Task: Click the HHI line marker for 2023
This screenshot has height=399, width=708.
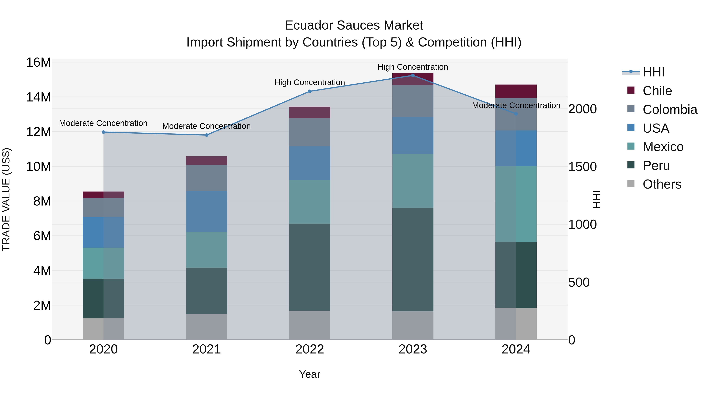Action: pyautogui.click(x=413, y=75)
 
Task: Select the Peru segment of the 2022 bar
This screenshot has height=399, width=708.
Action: pyautogui.click(x=310, y=267)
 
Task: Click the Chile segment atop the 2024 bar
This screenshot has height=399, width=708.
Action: pyautogui.click(x=516, y=91)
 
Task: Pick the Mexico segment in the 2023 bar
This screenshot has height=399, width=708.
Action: pyautogui.click(x=413, y=181)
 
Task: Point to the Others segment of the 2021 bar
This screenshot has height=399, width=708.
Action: pyautogui.click(x=206, y=327)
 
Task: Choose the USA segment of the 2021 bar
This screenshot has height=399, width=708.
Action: pyautogui.click(x=206, y=211)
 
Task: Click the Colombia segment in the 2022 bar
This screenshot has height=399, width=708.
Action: pyautogui.click(x=310, y=132)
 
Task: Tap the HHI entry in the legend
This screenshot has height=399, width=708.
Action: pyautogui.click(x=653, y=72)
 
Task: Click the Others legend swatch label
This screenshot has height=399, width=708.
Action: pyautogui.click(x=662, y=184)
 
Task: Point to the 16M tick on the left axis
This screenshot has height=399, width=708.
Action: pyautogui.click(x=39, y=62)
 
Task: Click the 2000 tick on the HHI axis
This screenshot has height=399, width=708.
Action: pyautogui.click(x=582, y=109)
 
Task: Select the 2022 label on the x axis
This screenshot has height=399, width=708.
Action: pyautogui.click(x=310, y=349)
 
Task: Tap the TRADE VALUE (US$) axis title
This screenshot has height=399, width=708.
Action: pyautogui.click(x=6, y=199)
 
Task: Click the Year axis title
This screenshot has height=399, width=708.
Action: pyautogui.click(x=310, y=374)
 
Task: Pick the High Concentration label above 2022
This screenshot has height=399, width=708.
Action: pyautogui.click(x=310, y=82)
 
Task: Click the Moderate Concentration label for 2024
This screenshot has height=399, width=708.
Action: pyautogui.click(x=516, y=105)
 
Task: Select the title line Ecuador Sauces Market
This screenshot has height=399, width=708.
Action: pyautogui.click(x=354, y=25)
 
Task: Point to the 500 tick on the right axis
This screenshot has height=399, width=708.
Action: pyautogui.click(x=579, y=282)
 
